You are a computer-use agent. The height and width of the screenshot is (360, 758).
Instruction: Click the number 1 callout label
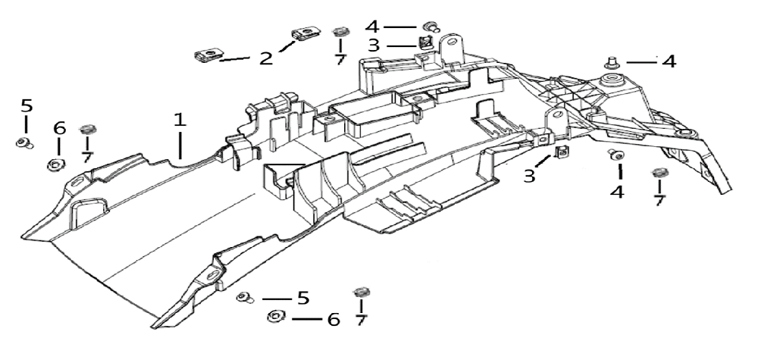[x=179, y=120]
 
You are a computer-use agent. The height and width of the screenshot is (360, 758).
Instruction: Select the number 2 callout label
[x=265, y=58]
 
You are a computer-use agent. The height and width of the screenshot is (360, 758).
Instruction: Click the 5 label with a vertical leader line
[x=26, y=105]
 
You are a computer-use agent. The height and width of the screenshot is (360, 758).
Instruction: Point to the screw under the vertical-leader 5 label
[x=23, y=142]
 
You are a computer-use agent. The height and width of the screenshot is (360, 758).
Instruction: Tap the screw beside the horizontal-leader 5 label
[x=244, y=297]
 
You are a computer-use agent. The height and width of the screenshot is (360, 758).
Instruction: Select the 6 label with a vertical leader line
[x=60, y=129]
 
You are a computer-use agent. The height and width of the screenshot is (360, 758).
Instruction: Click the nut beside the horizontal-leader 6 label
[x=274, y=318]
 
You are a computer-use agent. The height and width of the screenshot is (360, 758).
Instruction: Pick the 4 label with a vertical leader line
[x=618, y=193]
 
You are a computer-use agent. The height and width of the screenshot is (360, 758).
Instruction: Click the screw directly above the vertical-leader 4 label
[x=617, y=156]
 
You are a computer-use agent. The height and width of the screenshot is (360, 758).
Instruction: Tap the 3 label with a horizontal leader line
[x=374, y=45]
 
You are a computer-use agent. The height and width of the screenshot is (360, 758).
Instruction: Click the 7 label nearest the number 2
[x=340, y=58]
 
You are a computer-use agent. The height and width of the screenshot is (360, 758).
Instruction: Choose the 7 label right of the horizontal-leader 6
[x=360, y=321]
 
